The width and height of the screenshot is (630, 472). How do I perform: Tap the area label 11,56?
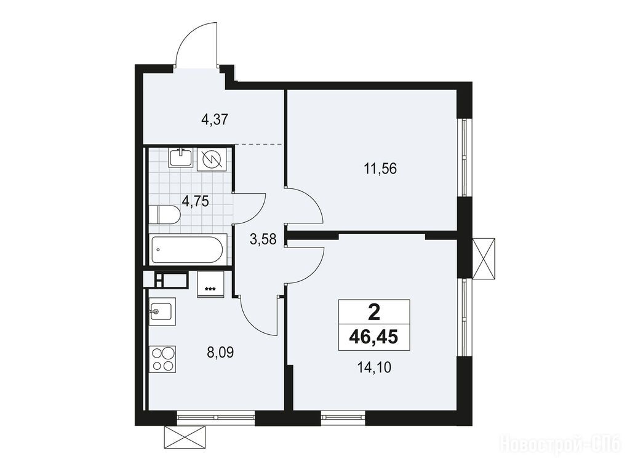tap(380, 169)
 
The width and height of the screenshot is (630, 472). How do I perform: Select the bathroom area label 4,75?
tap(195, 200)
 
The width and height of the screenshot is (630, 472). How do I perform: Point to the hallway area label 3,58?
tap(263, 239)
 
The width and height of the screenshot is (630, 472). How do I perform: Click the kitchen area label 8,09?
tap(220, 353)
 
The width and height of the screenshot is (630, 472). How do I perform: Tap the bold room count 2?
tap(373, 311)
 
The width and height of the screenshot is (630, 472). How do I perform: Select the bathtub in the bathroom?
tap(186, 249)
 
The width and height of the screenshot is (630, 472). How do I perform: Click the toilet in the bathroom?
tap(165, 215)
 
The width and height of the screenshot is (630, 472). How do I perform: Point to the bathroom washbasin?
tap(181, 157)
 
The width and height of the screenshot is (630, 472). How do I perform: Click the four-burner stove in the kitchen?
tap(163, 359)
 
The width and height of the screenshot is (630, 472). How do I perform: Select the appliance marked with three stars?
tap(210, 285)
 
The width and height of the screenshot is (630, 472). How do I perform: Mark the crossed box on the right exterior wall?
tap(484, 258)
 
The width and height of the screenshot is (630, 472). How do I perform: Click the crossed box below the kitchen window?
tap(187, 436)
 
